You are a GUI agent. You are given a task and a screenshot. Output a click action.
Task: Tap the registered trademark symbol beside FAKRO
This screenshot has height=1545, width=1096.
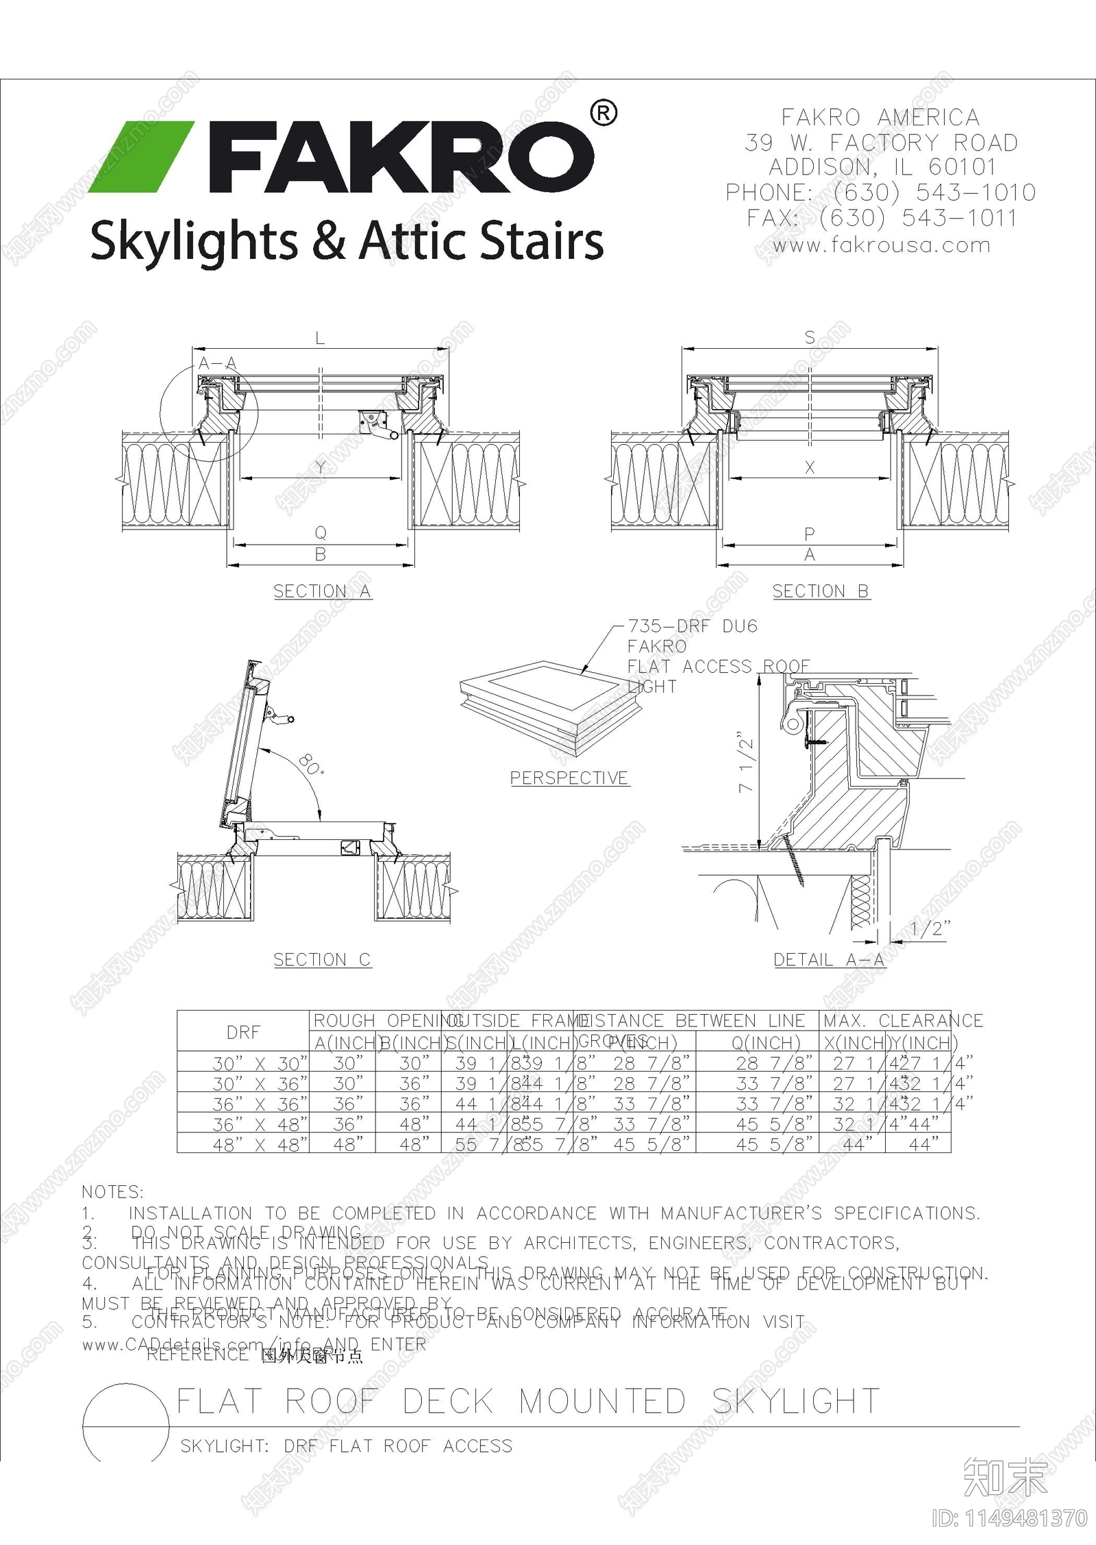click(603, 113)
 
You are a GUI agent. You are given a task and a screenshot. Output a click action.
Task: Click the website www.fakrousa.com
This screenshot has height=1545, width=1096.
click(881, 245)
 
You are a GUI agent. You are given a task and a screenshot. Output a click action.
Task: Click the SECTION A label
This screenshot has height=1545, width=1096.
click(322, 591)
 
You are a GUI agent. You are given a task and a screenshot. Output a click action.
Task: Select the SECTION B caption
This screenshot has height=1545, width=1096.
click(821, 591)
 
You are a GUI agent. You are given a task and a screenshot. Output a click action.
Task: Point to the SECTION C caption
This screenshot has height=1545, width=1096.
click(322, 960)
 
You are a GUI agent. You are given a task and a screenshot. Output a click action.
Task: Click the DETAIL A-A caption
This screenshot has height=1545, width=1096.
click(829, 960)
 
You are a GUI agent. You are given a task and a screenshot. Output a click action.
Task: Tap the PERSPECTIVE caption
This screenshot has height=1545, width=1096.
click(569, 778)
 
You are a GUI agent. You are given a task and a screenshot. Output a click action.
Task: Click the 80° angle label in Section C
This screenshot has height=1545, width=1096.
click(312, 764)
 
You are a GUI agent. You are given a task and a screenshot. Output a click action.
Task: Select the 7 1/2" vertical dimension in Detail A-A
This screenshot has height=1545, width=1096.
click(746, 765)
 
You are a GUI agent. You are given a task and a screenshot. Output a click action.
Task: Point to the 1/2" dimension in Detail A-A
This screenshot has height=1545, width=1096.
click(930, 929)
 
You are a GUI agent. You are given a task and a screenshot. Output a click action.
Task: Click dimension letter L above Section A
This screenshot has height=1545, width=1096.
click(320, 338)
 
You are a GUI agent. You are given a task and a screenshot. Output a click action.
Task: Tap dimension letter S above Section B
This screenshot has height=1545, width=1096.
click(810, 337)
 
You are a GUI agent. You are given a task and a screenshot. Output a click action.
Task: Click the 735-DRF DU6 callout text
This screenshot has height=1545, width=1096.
click(693, 626)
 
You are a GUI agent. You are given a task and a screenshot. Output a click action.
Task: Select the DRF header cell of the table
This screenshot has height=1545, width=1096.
click(243, 1033)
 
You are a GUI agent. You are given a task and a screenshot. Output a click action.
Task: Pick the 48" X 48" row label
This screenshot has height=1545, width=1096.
click(260, 1145)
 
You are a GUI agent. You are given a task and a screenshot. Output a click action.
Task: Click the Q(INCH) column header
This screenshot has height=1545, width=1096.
click(766, 1043)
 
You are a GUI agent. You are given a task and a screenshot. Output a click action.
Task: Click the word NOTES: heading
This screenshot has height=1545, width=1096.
click(112, 1192)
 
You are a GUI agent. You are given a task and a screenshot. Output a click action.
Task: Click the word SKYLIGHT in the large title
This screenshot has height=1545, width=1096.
click(796, 1401)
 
